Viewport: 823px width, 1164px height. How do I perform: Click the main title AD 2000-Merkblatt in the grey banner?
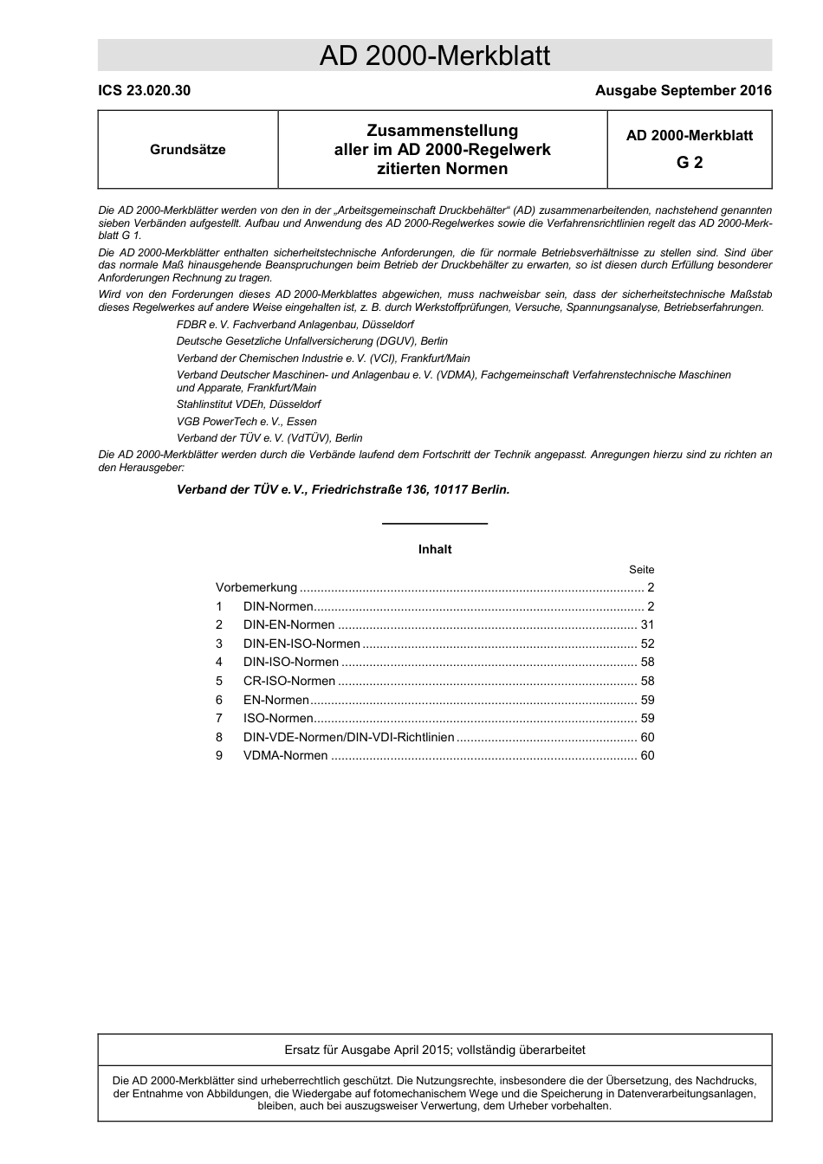tap(434, 56)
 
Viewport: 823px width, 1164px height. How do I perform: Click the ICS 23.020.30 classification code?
tap(144, 90)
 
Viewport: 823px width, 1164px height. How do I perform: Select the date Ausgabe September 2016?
tap(683, 90)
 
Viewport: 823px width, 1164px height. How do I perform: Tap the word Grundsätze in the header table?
tap(188, 150)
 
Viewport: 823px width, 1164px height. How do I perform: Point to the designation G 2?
tap(690, 162)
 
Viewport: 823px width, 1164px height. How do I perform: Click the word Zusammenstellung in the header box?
tap(442, 131)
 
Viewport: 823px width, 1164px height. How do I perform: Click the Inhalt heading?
tap(435, 549)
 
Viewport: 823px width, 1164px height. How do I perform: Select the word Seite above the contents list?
tap(641, 569)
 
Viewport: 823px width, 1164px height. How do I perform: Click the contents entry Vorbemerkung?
tap(256, 587)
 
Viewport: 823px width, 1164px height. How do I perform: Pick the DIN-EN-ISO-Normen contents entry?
tap(301, 643)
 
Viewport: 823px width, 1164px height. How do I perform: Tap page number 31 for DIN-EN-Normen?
tap(647, 624)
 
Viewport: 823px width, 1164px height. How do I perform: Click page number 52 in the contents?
tap(647, 643)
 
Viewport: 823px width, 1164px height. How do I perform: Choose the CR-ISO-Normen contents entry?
tap(289, 681)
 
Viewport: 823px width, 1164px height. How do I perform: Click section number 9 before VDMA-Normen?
tap(219, 755)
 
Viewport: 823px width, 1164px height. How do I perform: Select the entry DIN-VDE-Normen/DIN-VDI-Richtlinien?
tap(348, 737)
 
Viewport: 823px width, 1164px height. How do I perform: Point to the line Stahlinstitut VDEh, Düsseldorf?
tap(249, 404)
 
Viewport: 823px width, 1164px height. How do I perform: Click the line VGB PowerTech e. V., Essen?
tap(247, 421)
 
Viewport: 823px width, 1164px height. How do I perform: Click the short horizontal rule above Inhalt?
tap(435, 524)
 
